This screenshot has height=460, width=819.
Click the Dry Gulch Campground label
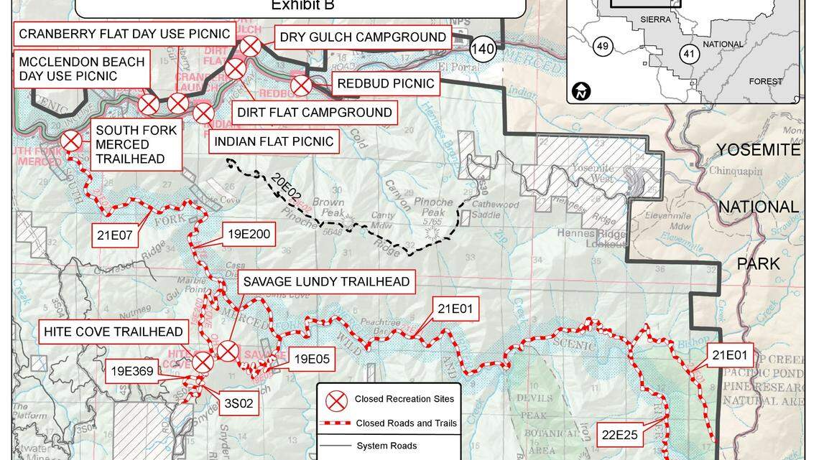pyautogui.click(x=362, y=37)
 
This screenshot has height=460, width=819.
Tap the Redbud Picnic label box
pyautogui.click(x=386, y=84)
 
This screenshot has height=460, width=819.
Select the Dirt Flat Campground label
pyautogui.click(x=315, y=112)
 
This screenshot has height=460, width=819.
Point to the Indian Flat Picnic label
pyautogui.click(x=274, y=141)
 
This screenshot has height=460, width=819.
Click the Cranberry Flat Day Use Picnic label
pyautogui.click(x=124, y=34)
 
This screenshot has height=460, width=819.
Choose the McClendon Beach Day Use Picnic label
pyautogui.click(x=81, y=69)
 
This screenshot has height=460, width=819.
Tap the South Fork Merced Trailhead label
pyautogui.click(x=136, y=145)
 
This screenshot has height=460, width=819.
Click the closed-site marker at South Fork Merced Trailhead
pyautogui.click(x=71, y=141)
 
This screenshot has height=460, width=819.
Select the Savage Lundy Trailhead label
pyautogui.click(x=326, y=281)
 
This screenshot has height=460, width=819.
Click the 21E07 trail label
pyautogui.click(x=115, y=234)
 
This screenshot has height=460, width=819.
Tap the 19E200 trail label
pyautogui.click(x=249, y=234)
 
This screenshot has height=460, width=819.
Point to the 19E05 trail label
pyautogui.click(x=310, y=359)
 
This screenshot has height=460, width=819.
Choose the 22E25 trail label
pyautogui.click(x=621, y=433)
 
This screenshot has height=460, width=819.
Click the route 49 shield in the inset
pyautogui.click(x=603, y=47)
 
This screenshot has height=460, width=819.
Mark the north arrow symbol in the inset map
pyautogui.click(x=581, y=91)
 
